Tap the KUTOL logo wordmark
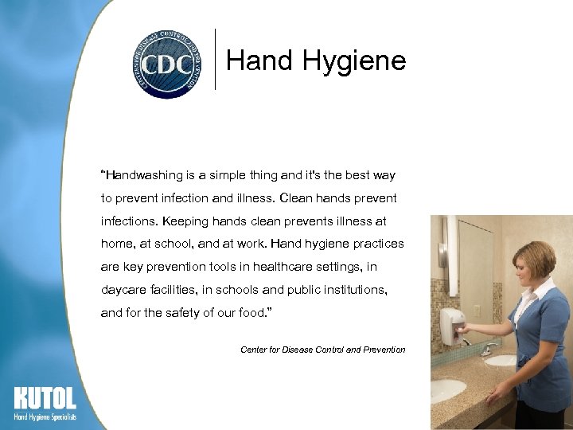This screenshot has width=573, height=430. tap(45, 398)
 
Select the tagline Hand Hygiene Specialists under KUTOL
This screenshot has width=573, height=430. tap(45, 417)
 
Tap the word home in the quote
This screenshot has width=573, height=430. tap(118, 244)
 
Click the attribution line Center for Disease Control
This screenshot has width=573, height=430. tap(322, 350)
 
